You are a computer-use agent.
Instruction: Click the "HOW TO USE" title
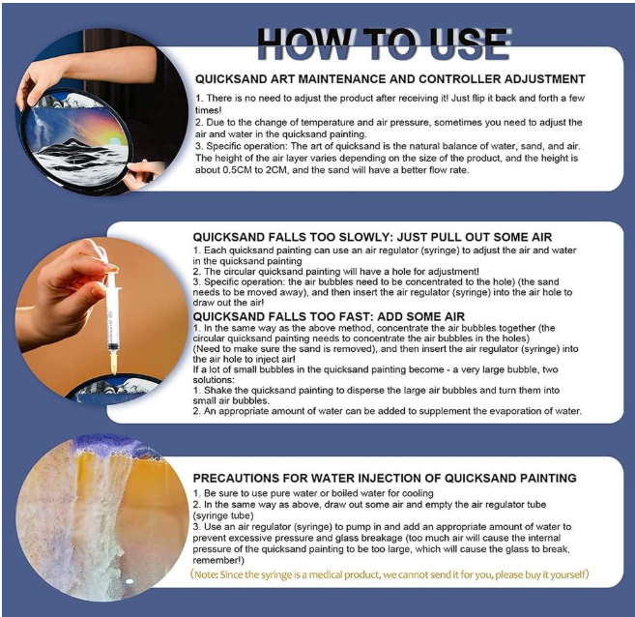tap(384, 44)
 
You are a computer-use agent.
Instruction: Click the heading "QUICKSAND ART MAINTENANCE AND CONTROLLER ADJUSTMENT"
tap(390, 79)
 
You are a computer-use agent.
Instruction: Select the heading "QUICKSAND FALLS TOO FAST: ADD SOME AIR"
tap(329, 316)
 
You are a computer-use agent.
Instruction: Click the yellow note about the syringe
tap(390, 574)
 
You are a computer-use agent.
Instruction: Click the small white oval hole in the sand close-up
tap(130, 581)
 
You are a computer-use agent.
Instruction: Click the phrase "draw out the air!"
tap(228, 303)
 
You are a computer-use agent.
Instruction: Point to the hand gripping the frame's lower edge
tap(143, 175)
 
